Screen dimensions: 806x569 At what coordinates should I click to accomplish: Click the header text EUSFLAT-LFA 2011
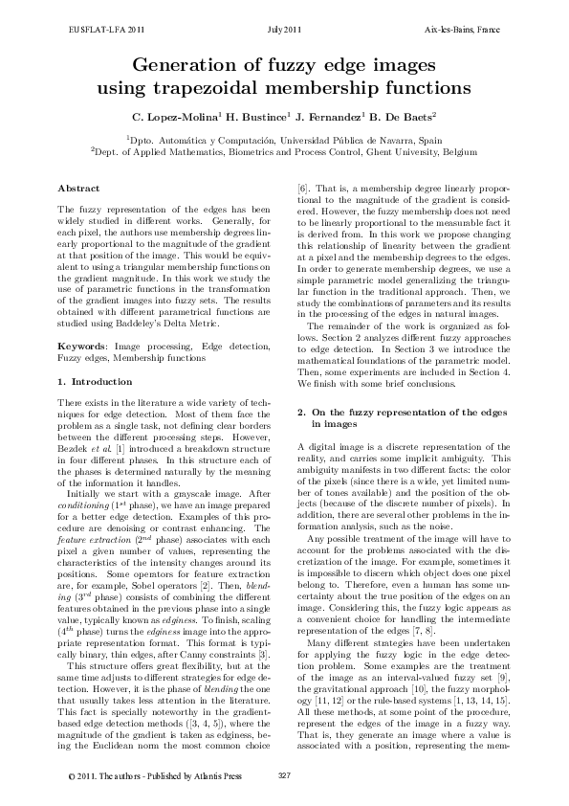pos(102,31)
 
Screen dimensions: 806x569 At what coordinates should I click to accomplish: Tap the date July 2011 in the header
pos(285,31)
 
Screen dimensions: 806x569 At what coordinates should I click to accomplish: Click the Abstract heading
pos(79,188)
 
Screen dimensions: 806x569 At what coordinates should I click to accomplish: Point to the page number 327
pos(284,775)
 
